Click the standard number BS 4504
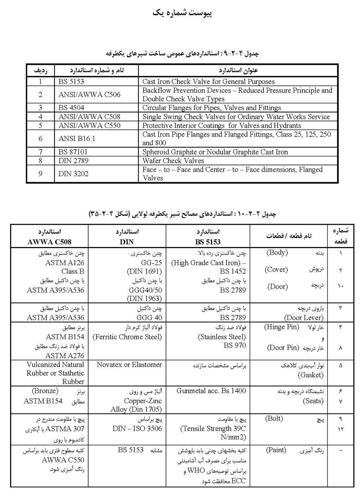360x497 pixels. (x=71, y=108)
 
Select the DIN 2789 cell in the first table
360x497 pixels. (x=73, y=161)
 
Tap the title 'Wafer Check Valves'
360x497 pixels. (x=173, y=161)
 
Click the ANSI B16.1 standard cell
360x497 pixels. (x=77, y=138)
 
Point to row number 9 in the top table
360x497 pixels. (x=40, y=174)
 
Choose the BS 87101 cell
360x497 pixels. (x=73, y=152)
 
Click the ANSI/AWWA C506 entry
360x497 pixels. (x=90, y=95)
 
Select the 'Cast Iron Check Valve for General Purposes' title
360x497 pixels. (x=208, y=82)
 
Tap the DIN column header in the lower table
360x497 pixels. (x=127, y=242)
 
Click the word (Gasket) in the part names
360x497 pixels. (x=311, y=375)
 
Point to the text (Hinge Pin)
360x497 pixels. (x=282, y=327)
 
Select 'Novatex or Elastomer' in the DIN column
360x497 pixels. (x=129, y=364)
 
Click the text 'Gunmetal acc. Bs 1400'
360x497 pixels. (x=211, y=391)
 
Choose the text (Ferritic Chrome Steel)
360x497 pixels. (x=127, y=337)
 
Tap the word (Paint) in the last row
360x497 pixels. (x=276, y=450)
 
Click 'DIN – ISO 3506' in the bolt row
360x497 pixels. (x=137, y=429)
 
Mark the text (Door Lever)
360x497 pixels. (x=304, y=318)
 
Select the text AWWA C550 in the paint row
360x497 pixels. (x=63, y=460)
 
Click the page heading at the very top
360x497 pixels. (x=182, y=13)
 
